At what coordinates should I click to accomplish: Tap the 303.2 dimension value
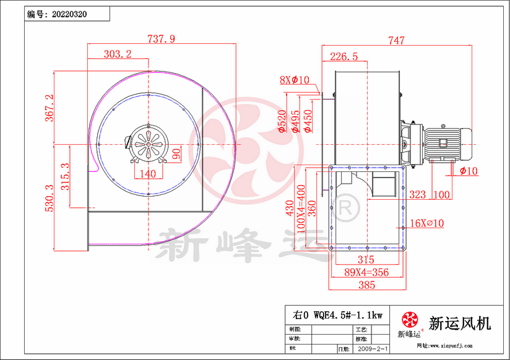[118, 54]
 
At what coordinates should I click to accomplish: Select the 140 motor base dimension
[148, 174]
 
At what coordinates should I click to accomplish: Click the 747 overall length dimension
[396, 41]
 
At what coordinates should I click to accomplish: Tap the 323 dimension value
[418, 195]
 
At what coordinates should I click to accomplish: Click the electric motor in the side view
[443, 142]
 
